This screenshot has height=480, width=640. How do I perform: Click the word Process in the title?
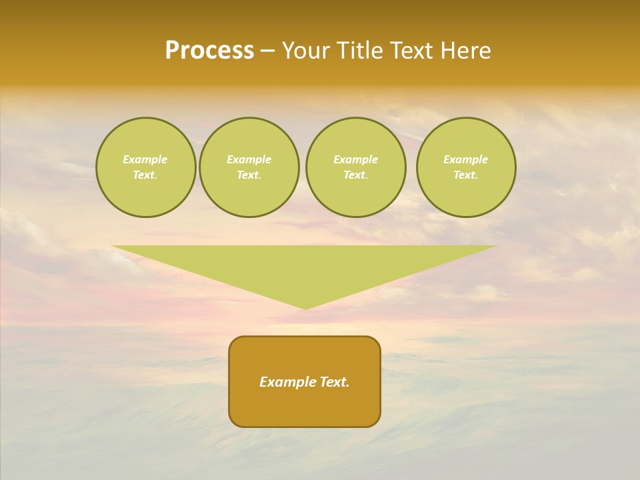[x=209, y=51]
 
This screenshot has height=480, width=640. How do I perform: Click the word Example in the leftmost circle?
[x=145, y=159]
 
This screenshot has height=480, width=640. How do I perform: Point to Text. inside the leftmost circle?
[x=145, y=175]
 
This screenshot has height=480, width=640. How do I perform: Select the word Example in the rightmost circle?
[x=465, y=159]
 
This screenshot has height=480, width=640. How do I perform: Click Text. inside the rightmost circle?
[x=465, y=175]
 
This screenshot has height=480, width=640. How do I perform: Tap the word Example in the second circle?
[x=249, y=159]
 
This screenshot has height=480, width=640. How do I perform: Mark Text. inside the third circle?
[x=355, y=175]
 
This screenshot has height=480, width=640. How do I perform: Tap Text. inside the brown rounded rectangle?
[x=334, y=382]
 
